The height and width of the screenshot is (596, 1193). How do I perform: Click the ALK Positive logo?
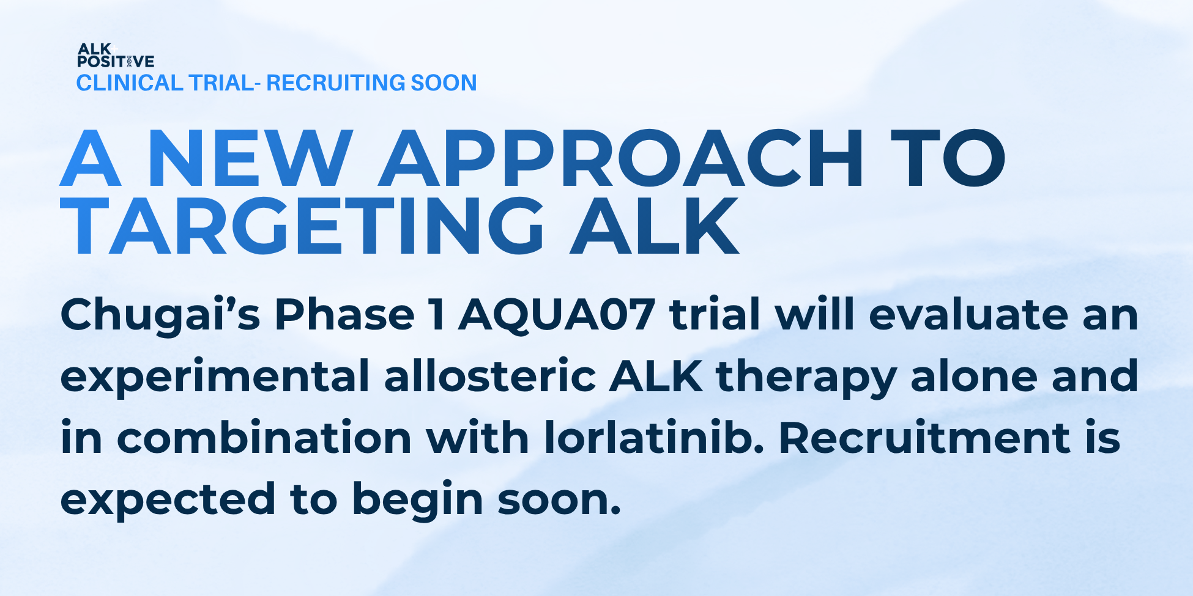point(116,55)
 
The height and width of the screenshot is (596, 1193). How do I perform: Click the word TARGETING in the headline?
point(302,226)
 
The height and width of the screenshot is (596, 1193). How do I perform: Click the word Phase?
point(344,314)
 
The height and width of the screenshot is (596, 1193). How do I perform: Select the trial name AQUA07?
point(557,315)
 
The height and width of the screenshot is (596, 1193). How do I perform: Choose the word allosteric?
point(490,375)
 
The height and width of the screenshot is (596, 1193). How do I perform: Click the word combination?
point(264,436)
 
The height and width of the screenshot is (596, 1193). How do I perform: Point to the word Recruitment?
point(924,436)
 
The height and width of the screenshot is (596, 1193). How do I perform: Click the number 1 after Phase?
point(437,315)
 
